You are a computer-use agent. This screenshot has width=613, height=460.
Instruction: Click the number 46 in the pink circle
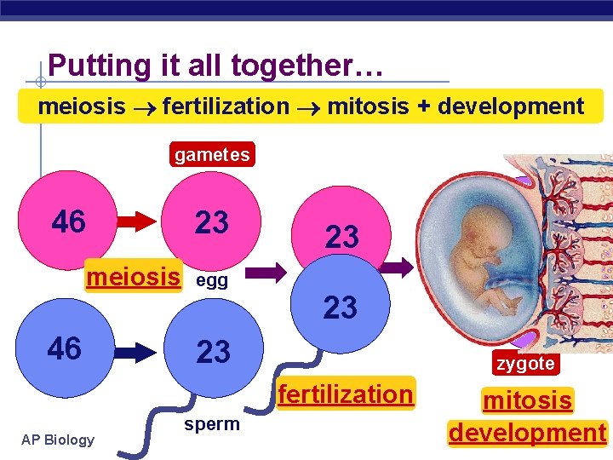click(69, 221)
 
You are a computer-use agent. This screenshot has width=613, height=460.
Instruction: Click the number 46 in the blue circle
click(65, 348)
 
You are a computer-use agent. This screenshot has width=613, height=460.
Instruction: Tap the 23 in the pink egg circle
click(212, 222)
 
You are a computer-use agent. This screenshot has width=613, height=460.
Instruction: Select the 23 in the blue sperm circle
click(213, 351)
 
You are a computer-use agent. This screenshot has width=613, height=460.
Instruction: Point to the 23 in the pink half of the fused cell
click(342, 237)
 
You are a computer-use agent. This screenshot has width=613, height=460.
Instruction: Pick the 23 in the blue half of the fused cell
click(341, 308)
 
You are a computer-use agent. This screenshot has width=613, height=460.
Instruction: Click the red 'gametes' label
click(212, 154)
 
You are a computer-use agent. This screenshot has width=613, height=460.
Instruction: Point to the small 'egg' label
click(212, 281)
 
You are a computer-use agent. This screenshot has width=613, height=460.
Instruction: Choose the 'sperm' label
click(211, 424)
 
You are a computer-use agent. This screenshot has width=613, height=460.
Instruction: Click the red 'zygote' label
click(525, 364)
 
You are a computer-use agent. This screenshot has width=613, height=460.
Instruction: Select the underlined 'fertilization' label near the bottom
click(346, 394)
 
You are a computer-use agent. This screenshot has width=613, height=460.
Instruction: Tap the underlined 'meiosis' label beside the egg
click(134, 277)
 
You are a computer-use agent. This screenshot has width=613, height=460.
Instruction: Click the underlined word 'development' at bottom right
click(527, 432)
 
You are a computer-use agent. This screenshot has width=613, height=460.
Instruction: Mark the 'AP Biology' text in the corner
click(59, 440)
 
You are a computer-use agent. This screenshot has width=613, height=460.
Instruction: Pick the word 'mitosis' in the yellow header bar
click(367, 106)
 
